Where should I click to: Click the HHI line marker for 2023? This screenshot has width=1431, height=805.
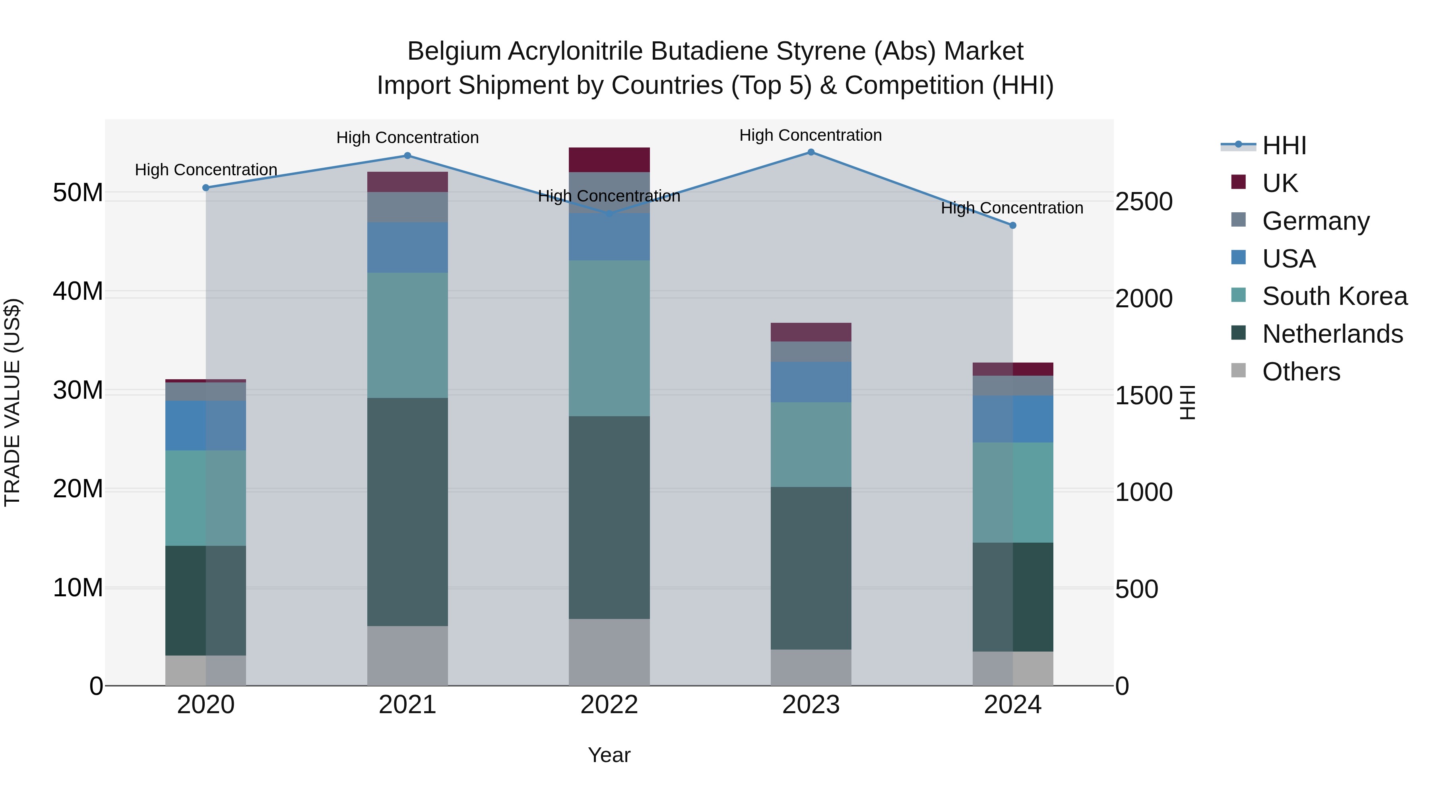[x=811, y=152]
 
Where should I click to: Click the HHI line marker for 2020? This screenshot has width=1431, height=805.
[x=206, y=188]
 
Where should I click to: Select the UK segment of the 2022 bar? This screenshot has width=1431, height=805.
[x=609, y=160]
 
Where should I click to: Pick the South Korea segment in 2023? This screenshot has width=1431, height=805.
[x=811, y=444]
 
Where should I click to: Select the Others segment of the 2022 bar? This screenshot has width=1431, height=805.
[x=609, y=652]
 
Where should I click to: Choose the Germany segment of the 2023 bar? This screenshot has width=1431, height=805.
[x=811, y=352]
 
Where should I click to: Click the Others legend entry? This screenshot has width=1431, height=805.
[x=1301, y=372]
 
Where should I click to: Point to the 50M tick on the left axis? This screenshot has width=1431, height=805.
[x=78, y=193]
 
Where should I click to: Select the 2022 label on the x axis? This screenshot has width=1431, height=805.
[x=609, y=705]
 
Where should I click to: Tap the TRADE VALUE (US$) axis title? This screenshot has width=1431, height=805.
[x=12, y=402]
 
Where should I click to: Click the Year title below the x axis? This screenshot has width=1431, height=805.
[x=609, y=755]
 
